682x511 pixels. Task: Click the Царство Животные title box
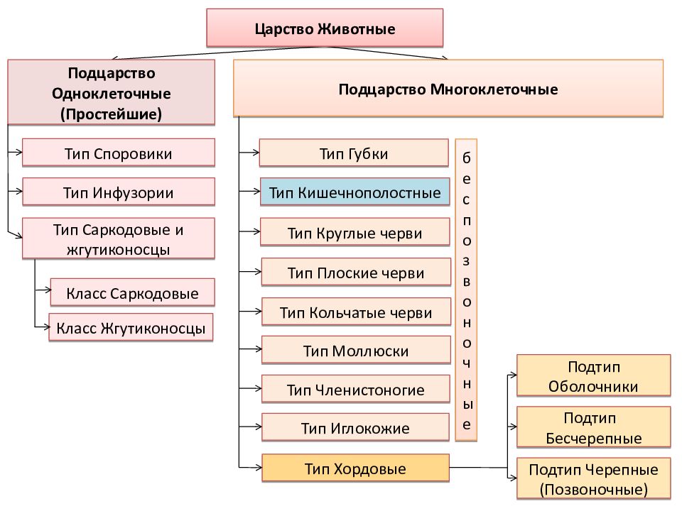pos(325,28)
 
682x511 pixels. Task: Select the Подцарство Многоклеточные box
pos(448,89)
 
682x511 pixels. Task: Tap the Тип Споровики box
pos(119,153)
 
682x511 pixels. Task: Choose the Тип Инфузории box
pos(119,192)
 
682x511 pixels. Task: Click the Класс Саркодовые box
pos(132,293)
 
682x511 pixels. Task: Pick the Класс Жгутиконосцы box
pos(131,328)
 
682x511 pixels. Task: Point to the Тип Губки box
pos(354,153)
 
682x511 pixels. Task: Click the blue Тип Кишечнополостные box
pos(355,192)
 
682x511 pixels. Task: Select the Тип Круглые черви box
pos(355,233)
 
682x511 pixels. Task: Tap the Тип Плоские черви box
pos(356,273)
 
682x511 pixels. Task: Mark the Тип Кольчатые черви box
pos(356,312)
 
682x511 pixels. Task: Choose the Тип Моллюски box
pos(356,350)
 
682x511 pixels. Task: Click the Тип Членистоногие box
pos(356,390)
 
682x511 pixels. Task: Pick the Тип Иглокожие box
pos(355,427)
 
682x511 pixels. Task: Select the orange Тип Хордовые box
pos(355,468)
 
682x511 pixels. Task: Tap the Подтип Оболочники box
pos(594,376)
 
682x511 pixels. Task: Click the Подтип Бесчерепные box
pos(594,427)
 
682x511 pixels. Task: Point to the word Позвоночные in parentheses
pos(594,489)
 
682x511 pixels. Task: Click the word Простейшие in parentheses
pos(112,114)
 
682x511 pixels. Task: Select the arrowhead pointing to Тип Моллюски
pos(259,349)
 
